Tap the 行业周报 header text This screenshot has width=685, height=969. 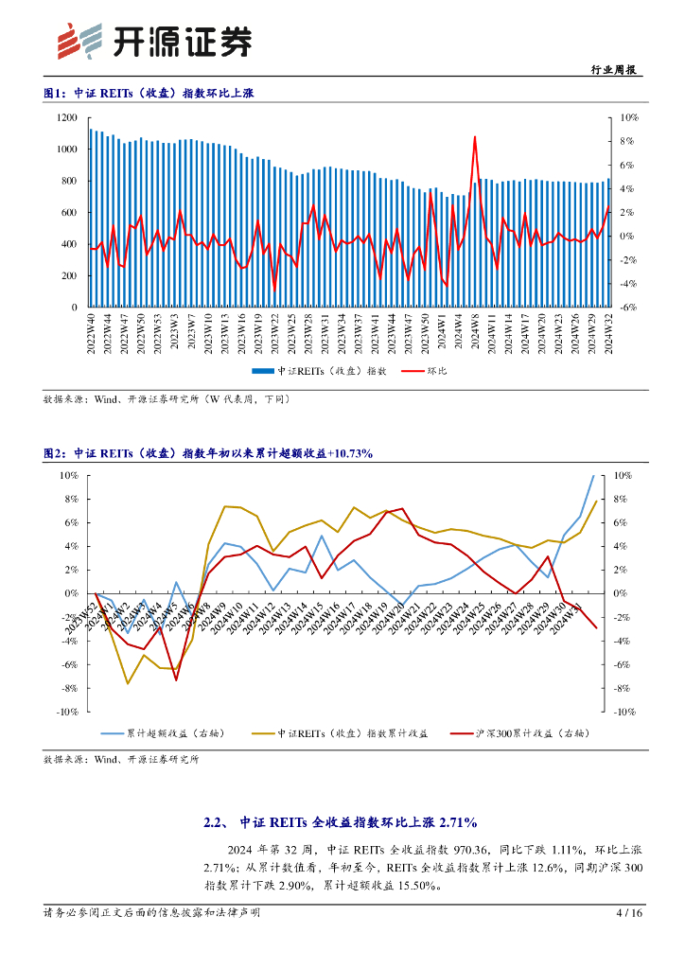pos(613,70)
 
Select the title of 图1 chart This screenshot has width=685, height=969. pos(149,93)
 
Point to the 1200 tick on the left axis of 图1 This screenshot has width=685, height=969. pos(65,117)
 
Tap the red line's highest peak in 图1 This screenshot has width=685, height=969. pos(474,138)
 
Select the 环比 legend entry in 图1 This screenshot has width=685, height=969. pos(432,371)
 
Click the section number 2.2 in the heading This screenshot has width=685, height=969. pos(213,822)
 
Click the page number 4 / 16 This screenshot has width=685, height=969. pos(629,913)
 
